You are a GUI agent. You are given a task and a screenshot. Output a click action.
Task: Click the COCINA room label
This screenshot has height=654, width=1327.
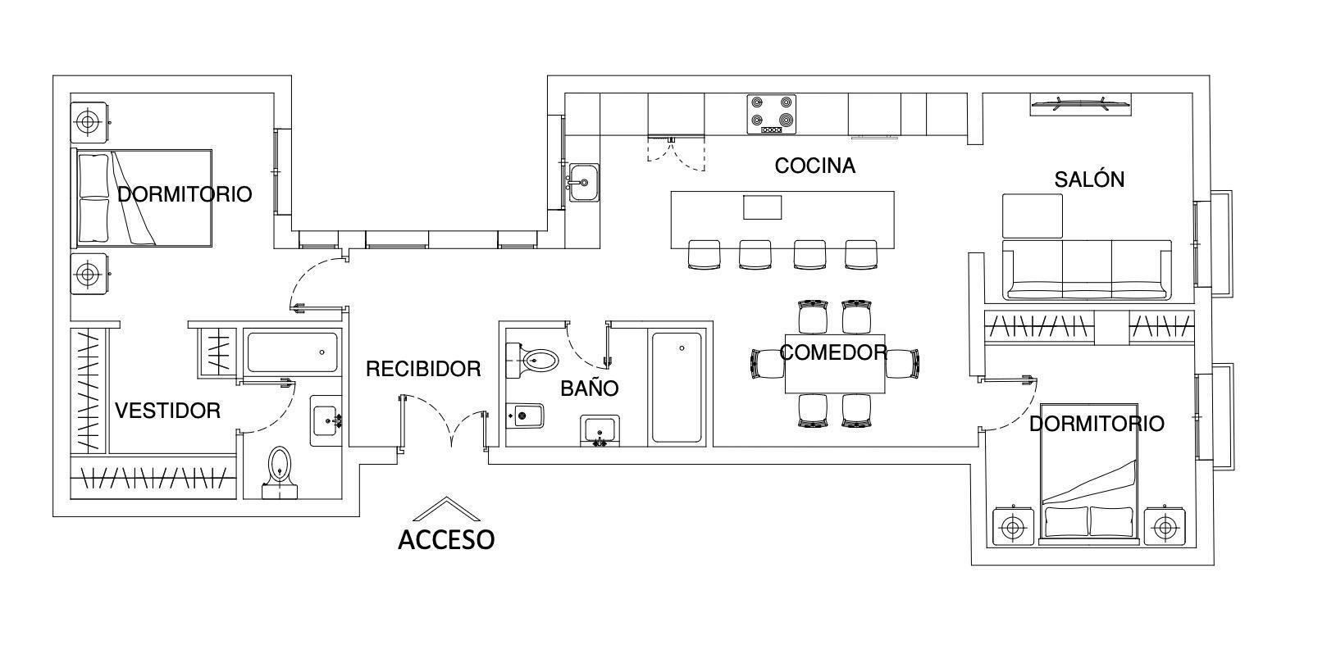click(x=814, y=166)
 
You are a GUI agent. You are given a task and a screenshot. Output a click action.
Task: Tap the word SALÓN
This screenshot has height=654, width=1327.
click(x=1089, y=179)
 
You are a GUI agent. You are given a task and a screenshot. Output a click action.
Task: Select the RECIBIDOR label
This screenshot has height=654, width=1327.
click(x=423, y=369)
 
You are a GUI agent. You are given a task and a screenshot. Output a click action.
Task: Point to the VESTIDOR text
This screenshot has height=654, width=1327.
click(x=167, y=410)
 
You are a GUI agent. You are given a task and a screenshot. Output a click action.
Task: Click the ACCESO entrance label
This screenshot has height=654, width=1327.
click(x=446, y=539)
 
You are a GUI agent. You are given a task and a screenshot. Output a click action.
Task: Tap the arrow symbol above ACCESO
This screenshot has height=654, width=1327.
click(x=446, y=508)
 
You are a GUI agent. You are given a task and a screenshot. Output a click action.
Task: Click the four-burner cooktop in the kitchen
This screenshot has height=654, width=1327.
click(x=771, y=114)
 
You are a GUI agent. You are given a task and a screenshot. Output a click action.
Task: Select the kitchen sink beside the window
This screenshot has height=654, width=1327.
click(x=584, y=182)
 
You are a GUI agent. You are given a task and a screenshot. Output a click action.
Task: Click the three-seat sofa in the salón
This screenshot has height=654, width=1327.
click(x=1087, y=270)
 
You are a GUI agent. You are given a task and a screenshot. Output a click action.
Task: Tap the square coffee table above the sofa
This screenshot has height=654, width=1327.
click(x=1032, y=216)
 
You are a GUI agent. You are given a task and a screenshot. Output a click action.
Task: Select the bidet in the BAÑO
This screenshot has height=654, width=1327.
click(x=525, y=416)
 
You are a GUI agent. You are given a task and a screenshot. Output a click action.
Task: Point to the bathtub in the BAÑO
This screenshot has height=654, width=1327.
click(x=677, y=387)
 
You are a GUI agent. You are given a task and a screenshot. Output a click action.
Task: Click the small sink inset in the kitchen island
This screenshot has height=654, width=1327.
click(x=763, y=207)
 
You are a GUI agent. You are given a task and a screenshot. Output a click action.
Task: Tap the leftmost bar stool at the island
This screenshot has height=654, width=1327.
click(x=705, y=255)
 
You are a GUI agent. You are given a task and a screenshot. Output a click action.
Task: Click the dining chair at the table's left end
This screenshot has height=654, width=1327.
click(x=768, y=363)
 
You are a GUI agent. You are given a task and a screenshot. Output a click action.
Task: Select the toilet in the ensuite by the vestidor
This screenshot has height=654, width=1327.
click(x=280, y=472)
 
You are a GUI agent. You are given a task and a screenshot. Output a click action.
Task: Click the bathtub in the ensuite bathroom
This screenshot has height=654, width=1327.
click(x=293, y=352)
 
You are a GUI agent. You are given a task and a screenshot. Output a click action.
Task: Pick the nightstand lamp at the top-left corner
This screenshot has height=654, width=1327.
click(x=89, y=122)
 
